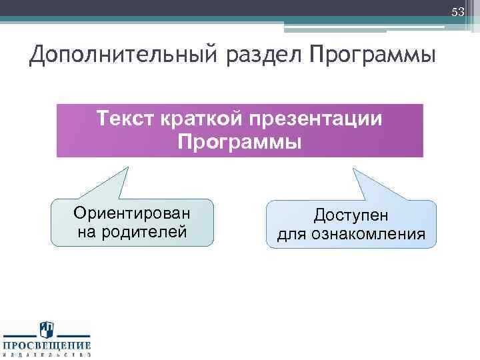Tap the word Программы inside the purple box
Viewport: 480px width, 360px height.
click(x=240, y=141)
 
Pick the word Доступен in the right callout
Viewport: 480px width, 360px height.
click(x=351, y=215)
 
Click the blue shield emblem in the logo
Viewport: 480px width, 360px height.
click(x=47, y=329)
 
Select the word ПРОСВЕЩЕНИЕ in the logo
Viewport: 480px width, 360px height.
click(x=47, y=345)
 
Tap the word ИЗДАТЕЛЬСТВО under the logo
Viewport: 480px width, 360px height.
click(x=47, y=355)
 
